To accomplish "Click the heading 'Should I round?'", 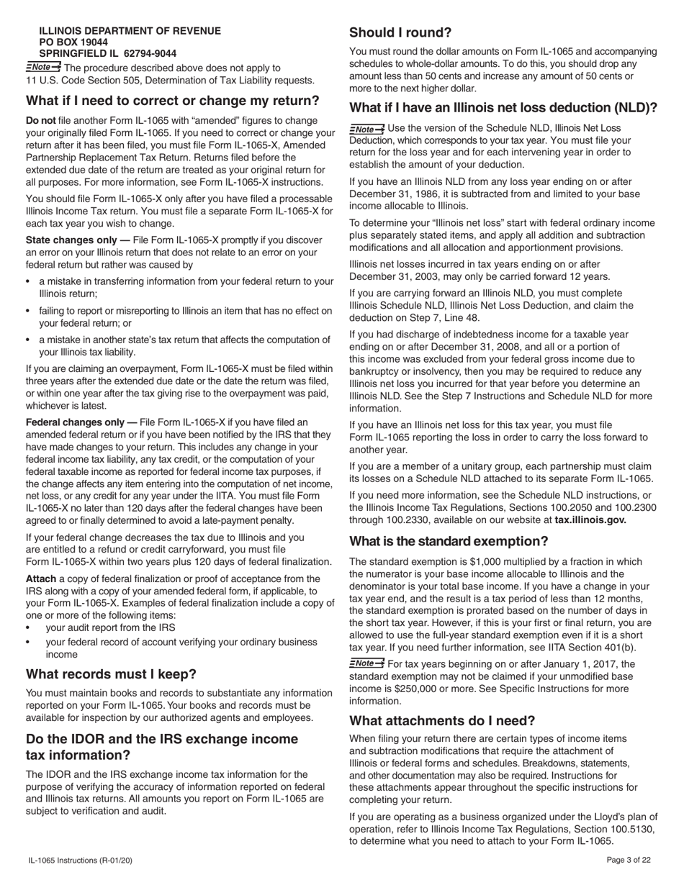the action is (400, 32).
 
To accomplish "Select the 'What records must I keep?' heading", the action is (111, 674).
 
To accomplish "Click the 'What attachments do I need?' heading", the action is (442, 720).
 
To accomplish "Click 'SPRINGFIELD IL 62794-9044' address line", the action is (107, 53).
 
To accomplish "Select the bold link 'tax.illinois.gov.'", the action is (590, 519).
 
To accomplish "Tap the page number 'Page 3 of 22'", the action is (629, 860).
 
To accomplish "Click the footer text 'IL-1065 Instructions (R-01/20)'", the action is (80, 860).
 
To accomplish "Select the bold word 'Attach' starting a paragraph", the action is (41, 578).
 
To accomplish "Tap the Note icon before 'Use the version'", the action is (366, 128).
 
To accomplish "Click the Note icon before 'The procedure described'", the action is (43, 68).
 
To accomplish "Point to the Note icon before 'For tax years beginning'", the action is (366, 663).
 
